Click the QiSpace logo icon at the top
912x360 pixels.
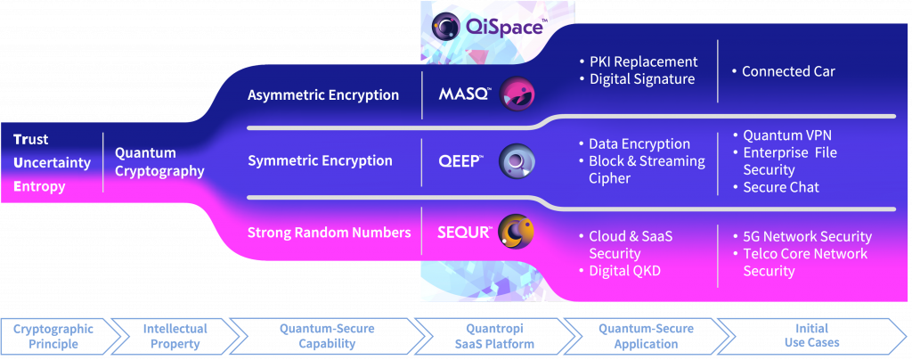click(x=446, y=26)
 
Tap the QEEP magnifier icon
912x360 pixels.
click(x=516, y=161)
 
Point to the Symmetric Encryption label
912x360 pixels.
click(x=320, y=161)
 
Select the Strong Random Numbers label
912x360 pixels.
click(x=329, y=233)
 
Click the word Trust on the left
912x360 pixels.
click(x=31, y=140)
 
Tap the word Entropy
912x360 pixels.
click(x=38, y=186)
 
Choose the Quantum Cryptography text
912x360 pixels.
click(x=159, y=162)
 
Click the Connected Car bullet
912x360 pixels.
click(x=787, y=71)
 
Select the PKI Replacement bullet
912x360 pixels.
click(x=643, y=62)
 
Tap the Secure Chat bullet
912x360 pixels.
click(x=781, y=187)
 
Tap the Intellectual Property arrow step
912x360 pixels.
click(x=175, y=336)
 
